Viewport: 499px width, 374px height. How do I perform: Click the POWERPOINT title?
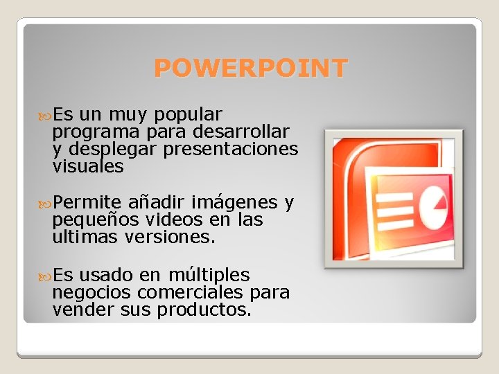(x=250, y=69)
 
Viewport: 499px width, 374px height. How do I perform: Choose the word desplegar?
(x=114, y=150)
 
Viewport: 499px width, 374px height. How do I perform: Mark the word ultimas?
(x=86, y=238)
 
